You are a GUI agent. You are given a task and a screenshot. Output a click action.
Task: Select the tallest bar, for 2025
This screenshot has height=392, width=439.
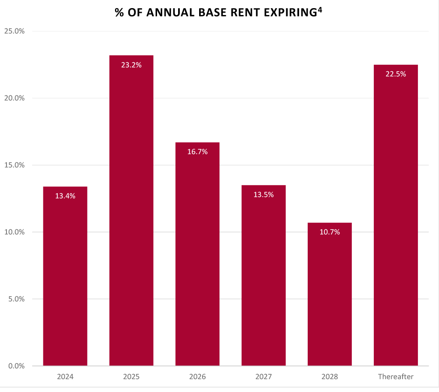tap(131, 210)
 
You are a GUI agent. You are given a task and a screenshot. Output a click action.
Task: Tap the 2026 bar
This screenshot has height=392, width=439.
tap(197, 254)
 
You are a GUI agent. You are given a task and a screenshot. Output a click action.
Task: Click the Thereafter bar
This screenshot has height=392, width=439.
tap(396, 215)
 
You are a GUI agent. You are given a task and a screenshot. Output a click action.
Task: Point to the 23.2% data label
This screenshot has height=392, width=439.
tap(131, 65)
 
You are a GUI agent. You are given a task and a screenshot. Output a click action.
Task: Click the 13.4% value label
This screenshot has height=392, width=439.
tap(65, 196)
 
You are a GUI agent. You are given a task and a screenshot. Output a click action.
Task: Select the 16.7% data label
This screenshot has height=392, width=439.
tap(197, 152)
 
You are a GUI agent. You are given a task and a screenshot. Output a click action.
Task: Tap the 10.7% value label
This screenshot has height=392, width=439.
tap(330, 232)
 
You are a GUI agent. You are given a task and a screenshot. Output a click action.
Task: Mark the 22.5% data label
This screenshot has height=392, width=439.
tap(396, 74)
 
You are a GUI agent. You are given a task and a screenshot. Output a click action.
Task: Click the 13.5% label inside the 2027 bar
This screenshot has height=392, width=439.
tap(263, 194)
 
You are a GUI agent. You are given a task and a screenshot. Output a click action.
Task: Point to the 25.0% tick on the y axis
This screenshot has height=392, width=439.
tap(14, 31)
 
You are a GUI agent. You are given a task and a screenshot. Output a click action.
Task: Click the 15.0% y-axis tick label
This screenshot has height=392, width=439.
tap(14, 165)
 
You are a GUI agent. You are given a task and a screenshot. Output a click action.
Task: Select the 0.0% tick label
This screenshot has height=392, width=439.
tap(16, 366)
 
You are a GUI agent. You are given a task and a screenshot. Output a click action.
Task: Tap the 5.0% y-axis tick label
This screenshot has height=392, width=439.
tap(16, 299)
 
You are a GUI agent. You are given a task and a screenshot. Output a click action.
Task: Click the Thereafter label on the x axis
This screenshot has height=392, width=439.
tap(396, 377)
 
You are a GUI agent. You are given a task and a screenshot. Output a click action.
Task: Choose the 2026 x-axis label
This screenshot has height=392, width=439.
tap(197, 377)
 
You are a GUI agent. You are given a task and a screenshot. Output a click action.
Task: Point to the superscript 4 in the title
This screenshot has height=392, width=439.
tap(320, 9)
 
